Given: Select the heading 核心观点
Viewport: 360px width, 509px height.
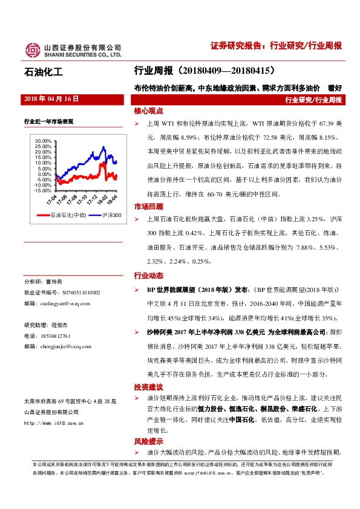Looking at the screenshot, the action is click(148, 112).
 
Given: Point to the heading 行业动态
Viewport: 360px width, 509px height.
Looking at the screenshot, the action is click(148, 276).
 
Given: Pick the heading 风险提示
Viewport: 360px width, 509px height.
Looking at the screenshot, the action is click(148, 442).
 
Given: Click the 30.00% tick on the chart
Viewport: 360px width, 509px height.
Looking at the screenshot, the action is click(44, 141).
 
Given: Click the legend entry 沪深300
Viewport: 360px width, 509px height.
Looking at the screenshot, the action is click(107, 215).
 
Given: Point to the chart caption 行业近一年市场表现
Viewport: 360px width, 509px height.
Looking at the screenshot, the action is click(48, 122).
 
